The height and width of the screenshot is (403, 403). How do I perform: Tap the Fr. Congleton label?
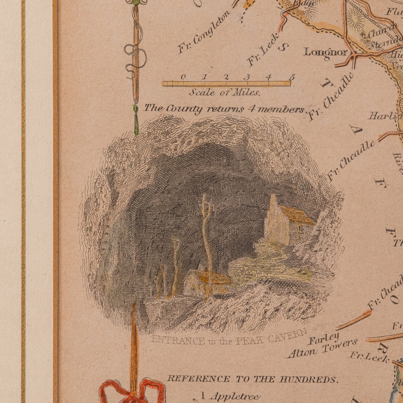click(x=204, y=32)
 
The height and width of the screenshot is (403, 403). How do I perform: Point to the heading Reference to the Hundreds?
click(x=252, y=379)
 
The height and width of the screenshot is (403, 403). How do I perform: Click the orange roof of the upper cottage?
click(x=296, y=215)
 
